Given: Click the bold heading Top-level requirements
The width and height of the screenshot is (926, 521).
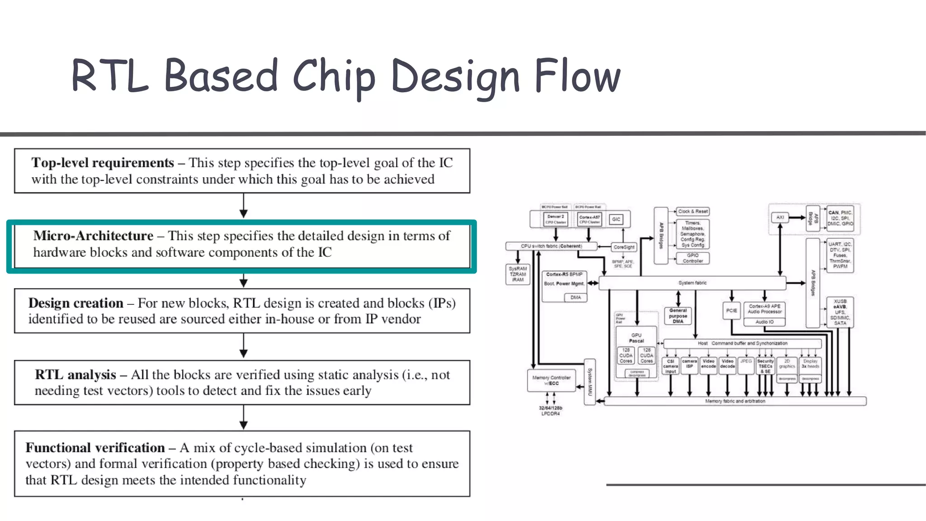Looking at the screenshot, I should coord(103,163).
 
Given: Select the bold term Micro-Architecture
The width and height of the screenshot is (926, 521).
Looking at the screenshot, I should coord(93,236).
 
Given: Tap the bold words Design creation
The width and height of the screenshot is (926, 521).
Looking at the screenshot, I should coord(76,303).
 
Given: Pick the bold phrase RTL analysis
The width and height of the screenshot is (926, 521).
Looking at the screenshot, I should coord(76,374).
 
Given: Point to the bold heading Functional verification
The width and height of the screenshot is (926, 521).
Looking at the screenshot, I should coord(95,448).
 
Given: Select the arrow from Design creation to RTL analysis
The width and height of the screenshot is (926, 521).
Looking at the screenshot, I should coord(244,346).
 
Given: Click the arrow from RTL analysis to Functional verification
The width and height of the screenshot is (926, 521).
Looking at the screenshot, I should coord(244,417).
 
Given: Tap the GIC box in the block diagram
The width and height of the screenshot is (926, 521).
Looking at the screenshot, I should coord(616,219).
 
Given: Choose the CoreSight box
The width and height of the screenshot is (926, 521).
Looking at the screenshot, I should coord(624,247).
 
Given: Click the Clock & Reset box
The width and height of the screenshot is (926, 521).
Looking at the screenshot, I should coord(693,211).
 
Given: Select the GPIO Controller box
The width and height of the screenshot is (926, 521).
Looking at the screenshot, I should coord(693,258).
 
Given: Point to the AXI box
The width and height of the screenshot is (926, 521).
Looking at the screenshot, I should coord(780,218).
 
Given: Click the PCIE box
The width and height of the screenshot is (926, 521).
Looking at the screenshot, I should coord(731,311).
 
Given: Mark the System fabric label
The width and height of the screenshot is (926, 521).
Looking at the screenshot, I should coord(692,283).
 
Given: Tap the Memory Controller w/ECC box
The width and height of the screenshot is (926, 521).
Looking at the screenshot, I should coord(551,380).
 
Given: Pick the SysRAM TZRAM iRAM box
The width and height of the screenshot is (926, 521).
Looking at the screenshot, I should coord(518,274).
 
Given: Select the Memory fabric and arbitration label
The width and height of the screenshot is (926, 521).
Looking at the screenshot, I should coord(735,401).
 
